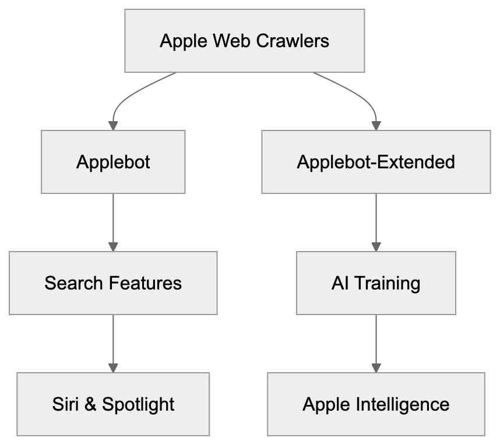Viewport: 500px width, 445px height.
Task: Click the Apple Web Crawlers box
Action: point(245,41)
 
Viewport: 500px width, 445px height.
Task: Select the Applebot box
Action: point(113,161)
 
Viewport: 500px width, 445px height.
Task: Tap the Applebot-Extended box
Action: point(376,161)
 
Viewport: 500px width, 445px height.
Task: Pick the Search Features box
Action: point(113,283)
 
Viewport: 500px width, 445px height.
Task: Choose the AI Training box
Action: point(376,283)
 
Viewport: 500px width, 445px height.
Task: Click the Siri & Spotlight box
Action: point(113,404)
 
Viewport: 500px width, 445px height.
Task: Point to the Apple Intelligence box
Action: point(376,404)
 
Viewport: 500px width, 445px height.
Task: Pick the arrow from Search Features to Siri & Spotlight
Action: point(113,344)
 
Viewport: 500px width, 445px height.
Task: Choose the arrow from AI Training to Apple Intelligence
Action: point(376,344)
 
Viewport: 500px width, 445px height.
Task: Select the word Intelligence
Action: point(403,404)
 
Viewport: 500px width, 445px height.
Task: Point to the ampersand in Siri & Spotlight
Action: point(90,404)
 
